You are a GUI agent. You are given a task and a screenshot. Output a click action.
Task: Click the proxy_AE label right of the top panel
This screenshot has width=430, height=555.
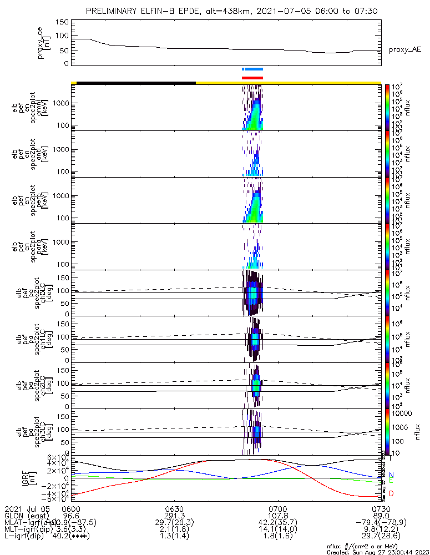coord(404,49)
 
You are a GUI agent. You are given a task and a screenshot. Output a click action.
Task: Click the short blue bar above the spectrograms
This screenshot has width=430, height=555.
coord(252,69)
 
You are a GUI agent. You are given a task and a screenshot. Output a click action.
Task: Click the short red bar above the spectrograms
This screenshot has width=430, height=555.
coord(252,78)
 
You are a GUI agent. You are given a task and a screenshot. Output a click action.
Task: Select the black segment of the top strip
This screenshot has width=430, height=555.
coord(136,83)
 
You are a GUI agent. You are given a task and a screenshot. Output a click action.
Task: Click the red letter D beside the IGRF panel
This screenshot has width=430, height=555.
coord(392,493)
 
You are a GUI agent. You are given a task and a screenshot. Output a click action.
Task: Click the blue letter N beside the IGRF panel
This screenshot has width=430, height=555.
coord(392,475)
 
